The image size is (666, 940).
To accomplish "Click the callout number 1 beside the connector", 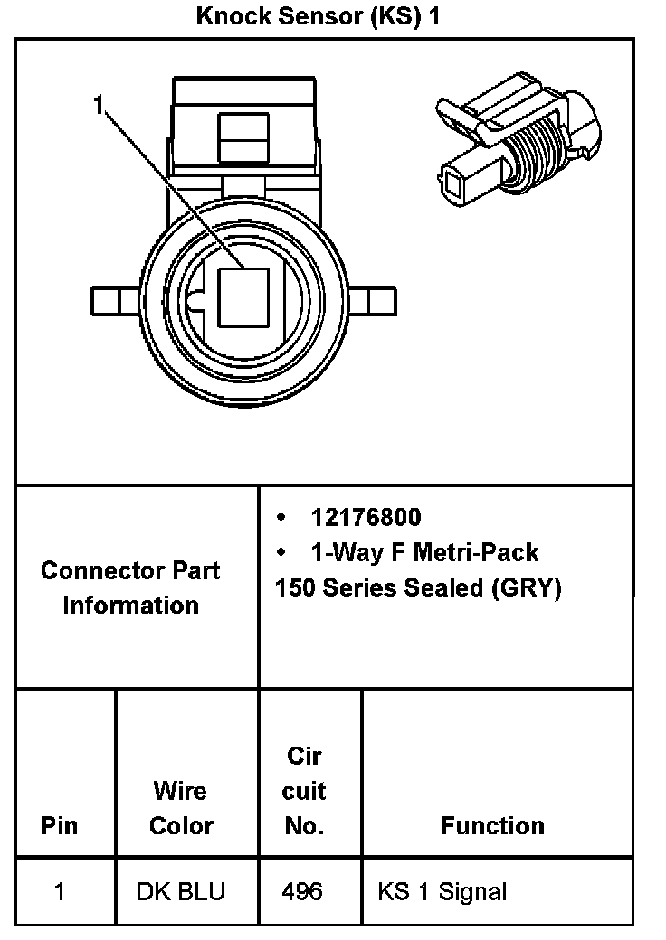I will [x=100, y=106].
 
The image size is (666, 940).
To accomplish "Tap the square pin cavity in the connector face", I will [x=243, y=297].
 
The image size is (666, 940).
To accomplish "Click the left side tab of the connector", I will [x=114, y=299].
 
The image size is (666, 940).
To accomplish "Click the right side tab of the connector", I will [x=374, y=299].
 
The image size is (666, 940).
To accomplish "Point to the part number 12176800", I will [x=366, y=518].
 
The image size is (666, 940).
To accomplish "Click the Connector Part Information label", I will [x=130, y=587].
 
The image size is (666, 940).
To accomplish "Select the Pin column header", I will [x=59, y=826].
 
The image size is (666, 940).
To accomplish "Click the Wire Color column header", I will [x=181, y=809].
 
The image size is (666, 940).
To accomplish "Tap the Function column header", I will [x=492, y=826].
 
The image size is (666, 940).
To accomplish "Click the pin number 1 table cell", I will [x=59, y=892].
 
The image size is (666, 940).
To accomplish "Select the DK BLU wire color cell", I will [x=181, y=892].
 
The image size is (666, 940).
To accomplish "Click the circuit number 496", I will [x=302, y=892].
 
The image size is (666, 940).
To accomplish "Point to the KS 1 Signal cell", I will [x=442, y=892].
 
